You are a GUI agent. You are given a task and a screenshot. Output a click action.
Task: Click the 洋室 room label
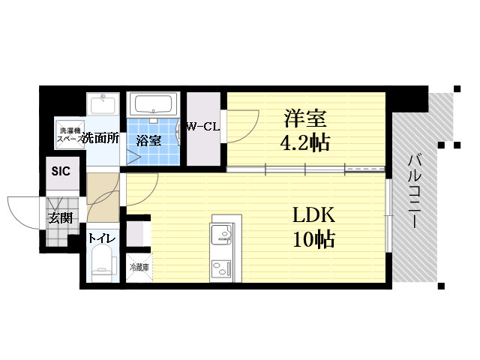305,118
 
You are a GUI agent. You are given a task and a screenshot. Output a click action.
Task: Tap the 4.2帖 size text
305,142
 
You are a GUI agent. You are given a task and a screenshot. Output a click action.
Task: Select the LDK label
314,215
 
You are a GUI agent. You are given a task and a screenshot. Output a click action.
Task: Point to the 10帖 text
314,238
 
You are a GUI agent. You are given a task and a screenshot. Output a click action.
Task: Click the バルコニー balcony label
415,192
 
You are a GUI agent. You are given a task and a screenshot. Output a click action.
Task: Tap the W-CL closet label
203,127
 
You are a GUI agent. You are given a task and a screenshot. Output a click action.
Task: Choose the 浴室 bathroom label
148,141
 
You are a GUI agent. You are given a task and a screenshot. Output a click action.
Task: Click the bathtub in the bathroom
154,104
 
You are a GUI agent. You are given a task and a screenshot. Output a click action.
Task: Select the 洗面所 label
101,138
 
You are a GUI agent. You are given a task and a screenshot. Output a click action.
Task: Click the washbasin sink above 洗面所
103,104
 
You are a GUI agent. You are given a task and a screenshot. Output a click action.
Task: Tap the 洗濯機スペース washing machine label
70,135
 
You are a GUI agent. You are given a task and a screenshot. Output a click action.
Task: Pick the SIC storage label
61,172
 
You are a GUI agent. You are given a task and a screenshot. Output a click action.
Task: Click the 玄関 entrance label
61,218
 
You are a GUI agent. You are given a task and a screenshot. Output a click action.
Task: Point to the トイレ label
102,238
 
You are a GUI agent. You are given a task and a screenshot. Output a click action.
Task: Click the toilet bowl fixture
104,265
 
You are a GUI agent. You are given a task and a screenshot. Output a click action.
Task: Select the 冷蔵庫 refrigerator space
139,268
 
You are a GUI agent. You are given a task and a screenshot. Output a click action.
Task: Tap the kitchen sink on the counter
222,235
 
